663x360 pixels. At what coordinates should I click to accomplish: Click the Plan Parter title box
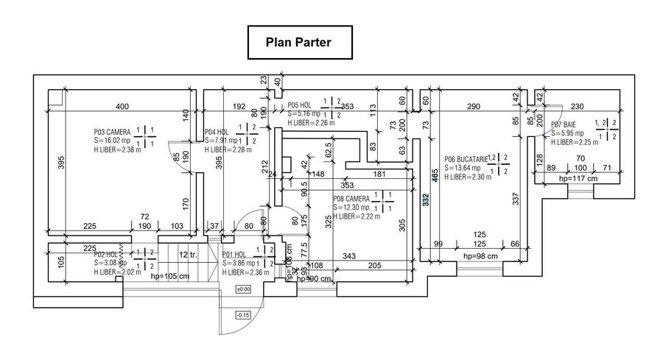(x=298, y=43)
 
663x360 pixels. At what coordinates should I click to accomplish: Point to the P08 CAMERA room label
(x=351, y=199)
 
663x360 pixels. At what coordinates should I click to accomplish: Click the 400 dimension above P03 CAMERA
(x=122, y=107)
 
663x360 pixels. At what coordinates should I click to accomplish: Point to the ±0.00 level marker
(x=242, y=289)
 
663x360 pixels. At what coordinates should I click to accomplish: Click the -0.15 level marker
(x=242, y=316)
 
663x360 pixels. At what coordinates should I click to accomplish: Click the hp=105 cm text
(x=169, y=278)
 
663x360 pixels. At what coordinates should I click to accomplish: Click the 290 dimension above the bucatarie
(x=474, y=107)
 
